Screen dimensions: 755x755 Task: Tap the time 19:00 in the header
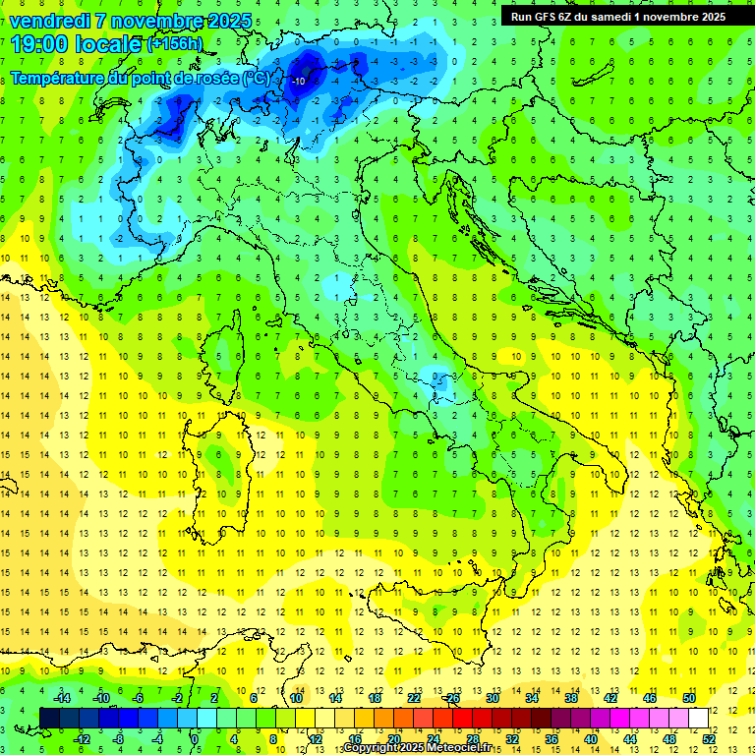[43, 44]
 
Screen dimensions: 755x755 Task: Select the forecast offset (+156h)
[175, 44]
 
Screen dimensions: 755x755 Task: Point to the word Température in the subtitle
[57, 78]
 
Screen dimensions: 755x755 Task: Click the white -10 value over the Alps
[298, 81]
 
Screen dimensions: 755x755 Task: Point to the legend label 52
[709, 738]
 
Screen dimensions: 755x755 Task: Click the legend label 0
[195, 738]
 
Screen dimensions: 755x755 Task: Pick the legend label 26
[452, 698]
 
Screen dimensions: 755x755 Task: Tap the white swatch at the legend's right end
[698, 718]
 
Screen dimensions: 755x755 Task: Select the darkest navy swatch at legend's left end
[50, 718]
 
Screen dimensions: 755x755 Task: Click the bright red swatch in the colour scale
[463, 718]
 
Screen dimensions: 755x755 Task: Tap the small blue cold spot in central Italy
[435, 377]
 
